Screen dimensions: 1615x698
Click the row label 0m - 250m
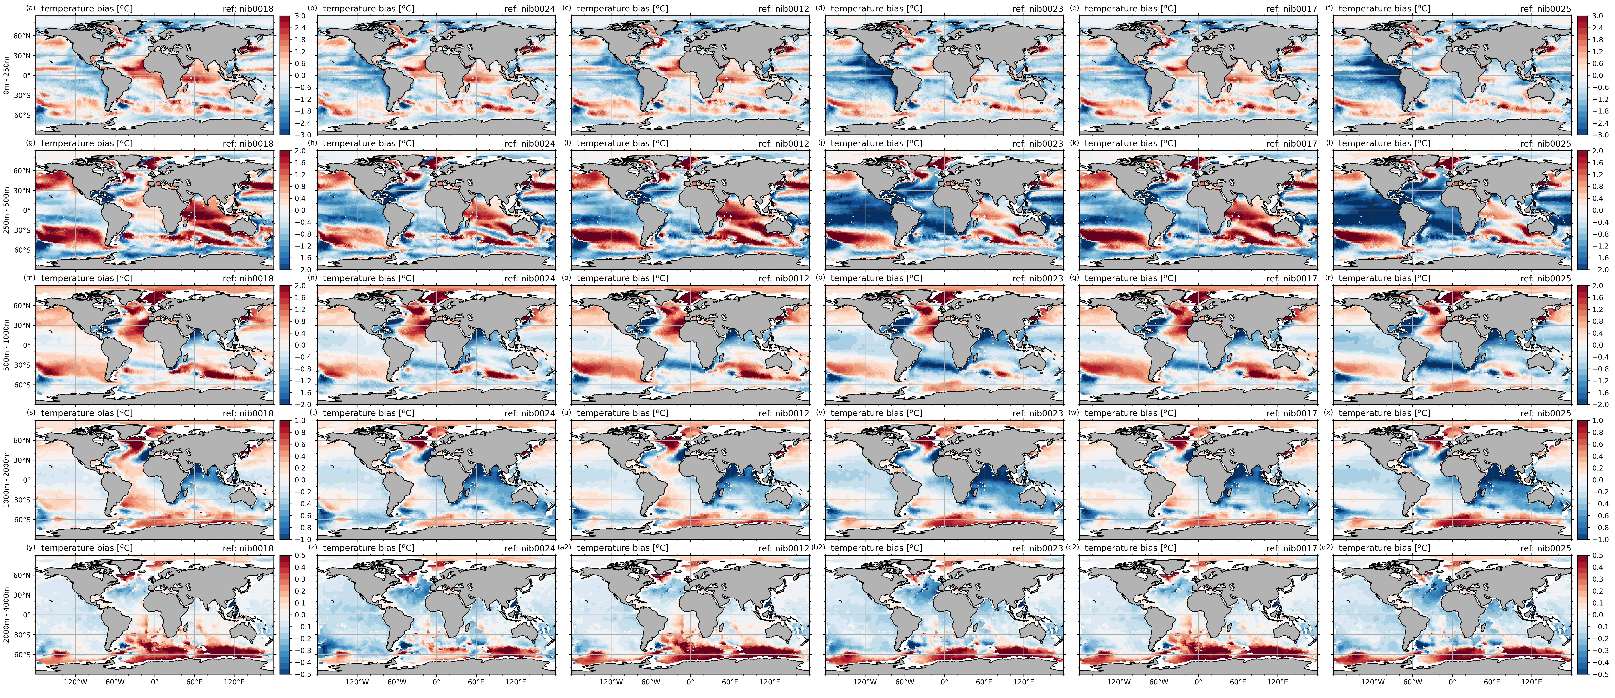[x=6, y=75]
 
